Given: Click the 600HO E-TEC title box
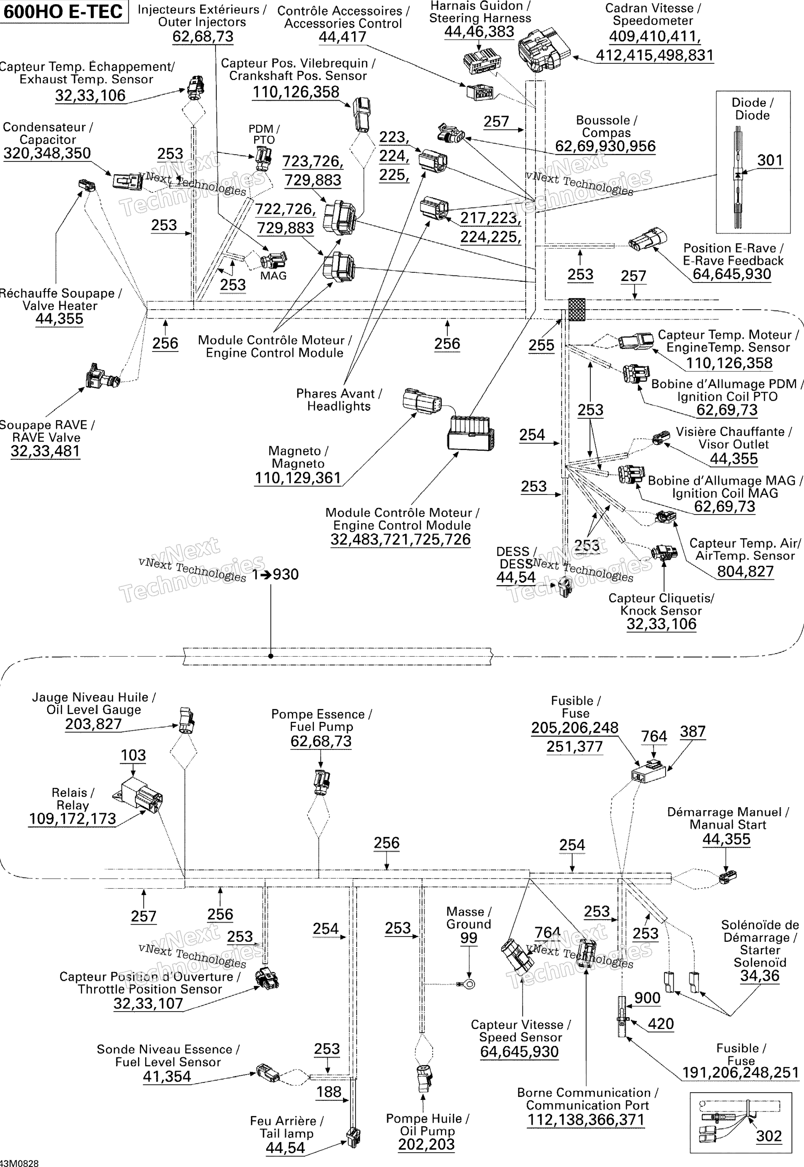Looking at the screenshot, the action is coord(64,12).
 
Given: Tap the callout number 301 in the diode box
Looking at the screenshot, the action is coord(770,161).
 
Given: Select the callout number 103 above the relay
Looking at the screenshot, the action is coord(133,755).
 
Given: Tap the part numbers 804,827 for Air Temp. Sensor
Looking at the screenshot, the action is coord(745,571).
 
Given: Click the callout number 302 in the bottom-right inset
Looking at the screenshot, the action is coord(769,1136).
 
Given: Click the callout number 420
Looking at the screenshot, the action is coord(661,1023).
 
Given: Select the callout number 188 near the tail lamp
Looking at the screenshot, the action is coord(329,1092).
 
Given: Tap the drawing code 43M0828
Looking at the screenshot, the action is coord(19,1163).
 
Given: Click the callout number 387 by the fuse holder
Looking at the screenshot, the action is coord(693,731).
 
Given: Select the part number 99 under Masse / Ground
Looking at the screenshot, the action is coord(468,938).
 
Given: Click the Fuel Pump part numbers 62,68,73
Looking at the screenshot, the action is coord(321,741).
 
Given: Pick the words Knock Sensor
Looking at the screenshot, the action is coord(661,611).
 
